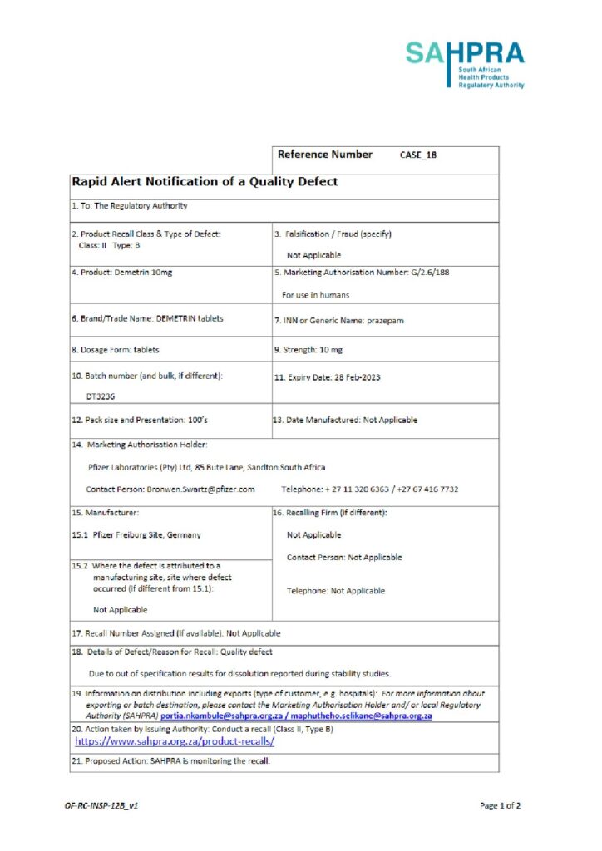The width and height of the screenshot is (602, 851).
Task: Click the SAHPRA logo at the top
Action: coord(465,64)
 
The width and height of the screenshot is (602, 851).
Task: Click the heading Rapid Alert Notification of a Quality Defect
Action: coord(205,181)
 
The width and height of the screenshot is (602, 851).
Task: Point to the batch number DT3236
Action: coord(101,396)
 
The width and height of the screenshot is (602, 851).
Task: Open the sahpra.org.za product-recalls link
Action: coord(175,741)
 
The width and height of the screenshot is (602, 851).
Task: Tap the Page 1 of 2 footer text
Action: coord(500,805)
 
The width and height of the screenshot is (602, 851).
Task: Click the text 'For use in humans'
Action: coord(315,294)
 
